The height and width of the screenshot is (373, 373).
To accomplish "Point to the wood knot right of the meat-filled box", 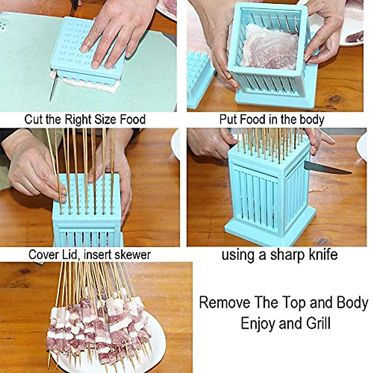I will tap(335, 99).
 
